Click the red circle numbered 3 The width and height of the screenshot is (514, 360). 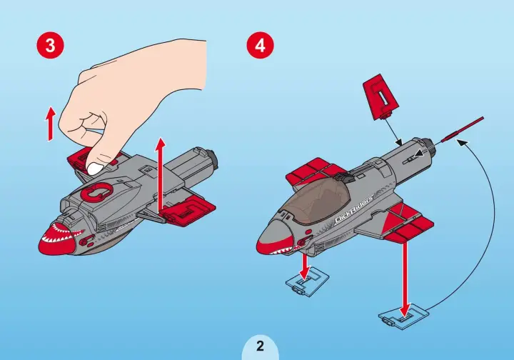click(50, 45)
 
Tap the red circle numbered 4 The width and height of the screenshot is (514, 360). click(260, 45)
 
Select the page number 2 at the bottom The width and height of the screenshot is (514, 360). click(260, 346)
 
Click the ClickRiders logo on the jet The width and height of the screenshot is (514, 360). click(354, 209)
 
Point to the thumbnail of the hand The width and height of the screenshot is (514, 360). click(96, 168)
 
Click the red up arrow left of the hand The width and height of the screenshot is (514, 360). click(50, 124)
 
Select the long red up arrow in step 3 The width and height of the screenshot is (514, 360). click(161, 175)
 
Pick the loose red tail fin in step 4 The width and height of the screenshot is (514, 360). click(381, 97)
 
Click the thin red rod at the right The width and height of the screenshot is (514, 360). click(462, 129)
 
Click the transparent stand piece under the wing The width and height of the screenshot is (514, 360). click(403, 316)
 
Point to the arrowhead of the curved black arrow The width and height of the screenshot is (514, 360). click(462, 141)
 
